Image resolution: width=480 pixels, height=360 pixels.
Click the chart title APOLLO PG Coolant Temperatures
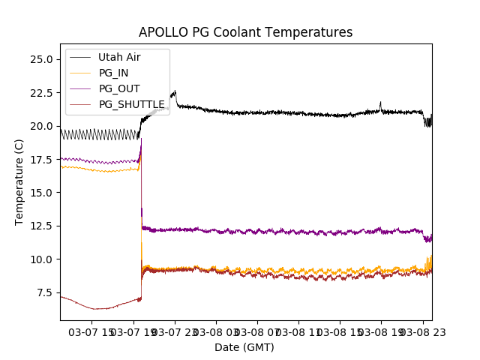[x=245, y=32]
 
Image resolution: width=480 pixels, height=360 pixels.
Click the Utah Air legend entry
[x=118, y=57]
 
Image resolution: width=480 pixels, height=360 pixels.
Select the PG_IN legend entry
[x=113, y=73]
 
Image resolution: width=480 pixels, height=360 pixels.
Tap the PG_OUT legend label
[x=118, y=88]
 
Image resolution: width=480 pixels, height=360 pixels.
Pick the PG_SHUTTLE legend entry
[x=131, y=104]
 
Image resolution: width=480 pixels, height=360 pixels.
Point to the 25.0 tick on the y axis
[x=40, y=59]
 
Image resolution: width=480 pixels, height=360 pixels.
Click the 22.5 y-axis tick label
[x=40, y=93]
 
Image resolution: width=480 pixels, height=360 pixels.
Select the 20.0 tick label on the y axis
[x=40, y=126]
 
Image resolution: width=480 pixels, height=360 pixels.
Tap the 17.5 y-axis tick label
[x=40, y=159]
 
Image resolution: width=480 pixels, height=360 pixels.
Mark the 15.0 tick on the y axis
[x=40, y=193]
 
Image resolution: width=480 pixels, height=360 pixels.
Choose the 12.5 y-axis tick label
[x=40, y=226]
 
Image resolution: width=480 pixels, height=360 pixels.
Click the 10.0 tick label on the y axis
[x=40, y=259]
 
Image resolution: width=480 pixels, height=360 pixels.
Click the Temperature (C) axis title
[x=19, y=181]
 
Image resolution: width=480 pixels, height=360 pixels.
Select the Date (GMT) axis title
[x=244, y=347]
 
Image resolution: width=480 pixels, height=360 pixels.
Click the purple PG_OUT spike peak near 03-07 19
[x=141, y=139]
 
